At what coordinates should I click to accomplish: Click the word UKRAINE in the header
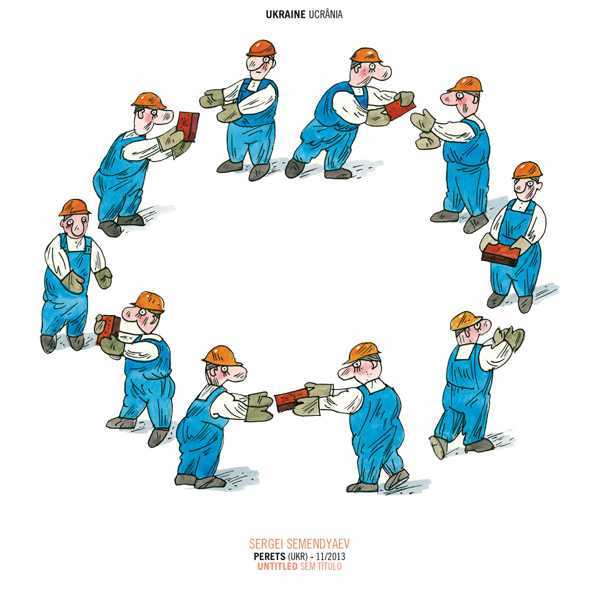tap(285, 15)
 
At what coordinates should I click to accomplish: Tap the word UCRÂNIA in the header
tap(325, 14)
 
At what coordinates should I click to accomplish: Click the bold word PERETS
tap(269, 556)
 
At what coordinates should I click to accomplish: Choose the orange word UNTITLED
tap(277, 566)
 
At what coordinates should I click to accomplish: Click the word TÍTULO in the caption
tap(329, 566)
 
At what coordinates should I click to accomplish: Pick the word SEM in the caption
tap(307, 566)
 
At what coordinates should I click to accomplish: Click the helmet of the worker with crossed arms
tap(261, 48)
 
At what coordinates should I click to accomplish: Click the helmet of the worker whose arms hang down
tap(75, 207)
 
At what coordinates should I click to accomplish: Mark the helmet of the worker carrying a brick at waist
tap(527, 170)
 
